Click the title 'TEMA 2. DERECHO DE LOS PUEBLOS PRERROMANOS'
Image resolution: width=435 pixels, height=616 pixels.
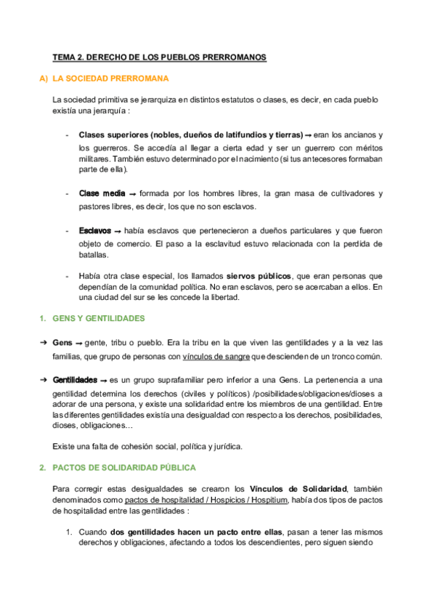pos(160,57)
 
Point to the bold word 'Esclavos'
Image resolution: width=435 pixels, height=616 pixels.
pos(94,230)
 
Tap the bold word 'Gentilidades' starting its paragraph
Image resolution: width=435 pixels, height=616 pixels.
pos(76,380)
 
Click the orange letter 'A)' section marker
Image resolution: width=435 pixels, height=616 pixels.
pos(44,78)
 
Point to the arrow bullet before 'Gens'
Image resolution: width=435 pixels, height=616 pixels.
pos(43,341)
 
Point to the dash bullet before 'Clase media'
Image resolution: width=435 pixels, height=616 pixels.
pos(68,193)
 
